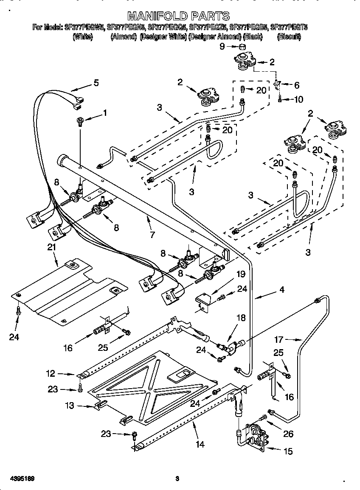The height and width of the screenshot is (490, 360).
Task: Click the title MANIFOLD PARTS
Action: point(179,17)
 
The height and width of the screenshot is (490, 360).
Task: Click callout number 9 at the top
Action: point(222,46)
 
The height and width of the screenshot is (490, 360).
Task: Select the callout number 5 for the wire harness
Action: point(96,83)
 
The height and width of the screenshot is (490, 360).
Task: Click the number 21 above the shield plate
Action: point(51,247)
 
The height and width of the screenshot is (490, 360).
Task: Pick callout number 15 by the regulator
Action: point(288,451)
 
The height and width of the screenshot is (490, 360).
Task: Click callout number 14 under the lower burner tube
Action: point(200,444)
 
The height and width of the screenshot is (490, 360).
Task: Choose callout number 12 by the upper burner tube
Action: point(51,374)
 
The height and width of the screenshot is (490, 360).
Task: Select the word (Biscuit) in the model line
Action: point(289,37)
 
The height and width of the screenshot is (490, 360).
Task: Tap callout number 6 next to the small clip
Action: point(296,85)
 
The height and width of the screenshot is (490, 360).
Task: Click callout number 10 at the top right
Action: point(298,100)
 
